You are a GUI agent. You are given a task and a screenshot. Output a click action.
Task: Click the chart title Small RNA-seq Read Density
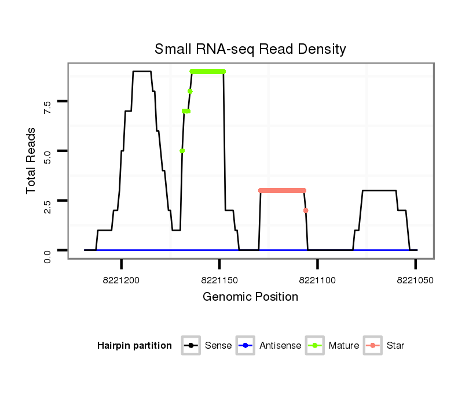pos(250,49)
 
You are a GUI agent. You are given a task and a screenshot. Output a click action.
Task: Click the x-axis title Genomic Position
pos(250,297)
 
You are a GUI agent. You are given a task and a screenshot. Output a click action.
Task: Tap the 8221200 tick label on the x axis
pos(122,280)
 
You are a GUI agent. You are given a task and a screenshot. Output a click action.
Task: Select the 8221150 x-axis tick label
pos(219,280)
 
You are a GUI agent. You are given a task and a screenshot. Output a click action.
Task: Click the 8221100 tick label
pos(318,280)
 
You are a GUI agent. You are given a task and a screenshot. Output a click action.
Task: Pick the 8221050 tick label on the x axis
pos(416,280)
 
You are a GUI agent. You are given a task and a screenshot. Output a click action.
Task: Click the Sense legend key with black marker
pos(190,346)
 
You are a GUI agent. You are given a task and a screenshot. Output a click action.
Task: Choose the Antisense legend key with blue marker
pos(245,346)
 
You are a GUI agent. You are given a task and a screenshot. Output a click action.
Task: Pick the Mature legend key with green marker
pos(314,346)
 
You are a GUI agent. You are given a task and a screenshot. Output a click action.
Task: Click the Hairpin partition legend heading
pos(134,346)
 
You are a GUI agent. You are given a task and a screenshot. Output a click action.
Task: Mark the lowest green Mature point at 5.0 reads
pos(182,151)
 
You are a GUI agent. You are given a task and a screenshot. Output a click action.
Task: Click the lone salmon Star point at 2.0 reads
pos(306,210)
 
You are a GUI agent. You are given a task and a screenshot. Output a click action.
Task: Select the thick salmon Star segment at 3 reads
pos(282,190)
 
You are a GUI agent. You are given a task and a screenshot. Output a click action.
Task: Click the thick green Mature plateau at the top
pos(207,72)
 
